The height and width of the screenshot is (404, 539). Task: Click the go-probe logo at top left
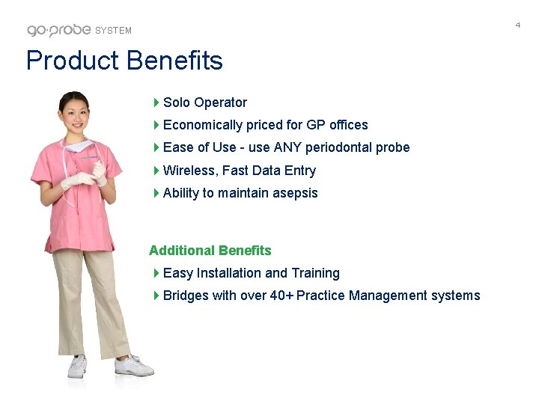point(59,30)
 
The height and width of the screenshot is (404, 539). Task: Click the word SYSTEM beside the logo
point(114,31)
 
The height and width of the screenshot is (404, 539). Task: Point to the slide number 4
point(517,25)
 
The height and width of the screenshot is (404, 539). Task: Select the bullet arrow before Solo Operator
point(156,102)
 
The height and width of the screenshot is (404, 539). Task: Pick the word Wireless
point(186,171)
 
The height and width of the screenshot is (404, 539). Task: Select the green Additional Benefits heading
point(210,251)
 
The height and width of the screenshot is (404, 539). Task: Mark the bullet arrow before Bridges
point(156,296)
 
